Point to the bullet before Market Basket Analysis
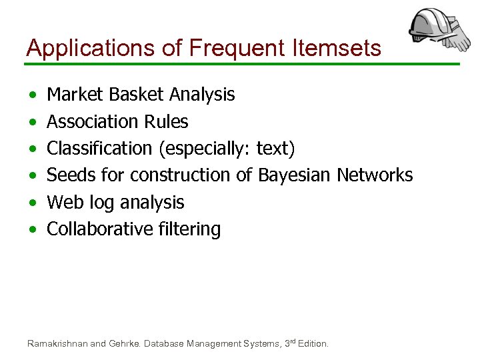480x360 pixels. click(33, 95)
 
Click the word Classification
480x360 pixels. click(99, 149)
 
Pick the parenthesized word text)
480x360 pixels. click(275, 149)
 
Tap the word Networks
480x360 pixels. click(375, 175)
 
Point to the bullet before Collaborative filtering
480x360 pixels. click(33, 230)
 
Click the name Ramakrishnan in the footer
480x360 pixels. click(57, 344)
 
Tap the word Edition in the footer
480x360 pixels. click(313, 344)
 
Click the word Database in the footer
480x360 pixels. click(169, 344)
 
